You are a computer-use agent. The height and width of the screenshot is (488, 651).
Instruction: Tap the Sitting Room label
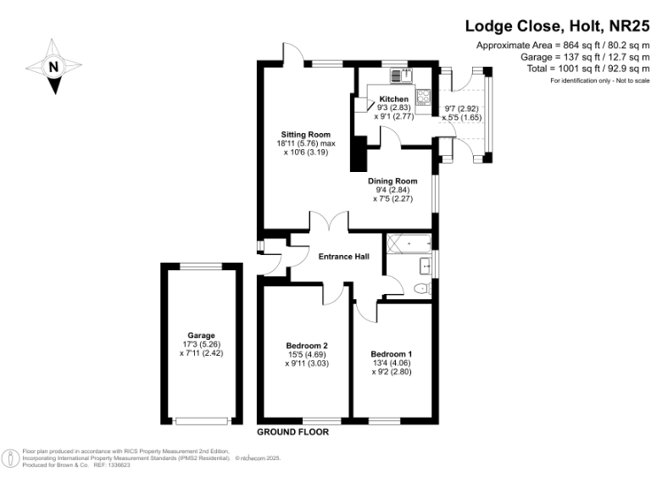click(x=306, y=135)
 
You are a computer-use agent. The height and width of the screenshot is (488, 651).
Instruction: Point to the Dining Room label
click(x=392, y=181)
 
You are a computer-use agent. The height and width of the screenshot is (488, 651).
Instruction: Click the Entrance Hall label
click(x=343, y=257)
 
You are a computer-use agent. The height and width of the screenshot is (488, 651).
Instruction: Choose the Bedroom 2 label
click(x=306, y=345)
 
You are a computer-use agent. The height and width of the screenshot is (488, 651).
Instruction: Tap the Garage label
click(x=201, y=335)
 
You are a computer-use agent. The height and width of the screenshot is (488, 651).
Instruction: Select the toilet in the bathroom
click(x=420, y=289)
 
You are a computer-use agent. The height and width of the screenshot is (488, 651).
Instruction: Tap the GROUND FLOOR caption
click(x=292, y=432)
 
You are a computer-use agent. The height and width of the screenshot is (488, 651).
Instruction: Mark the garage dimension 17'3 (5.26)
click(x=201, y=345)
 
